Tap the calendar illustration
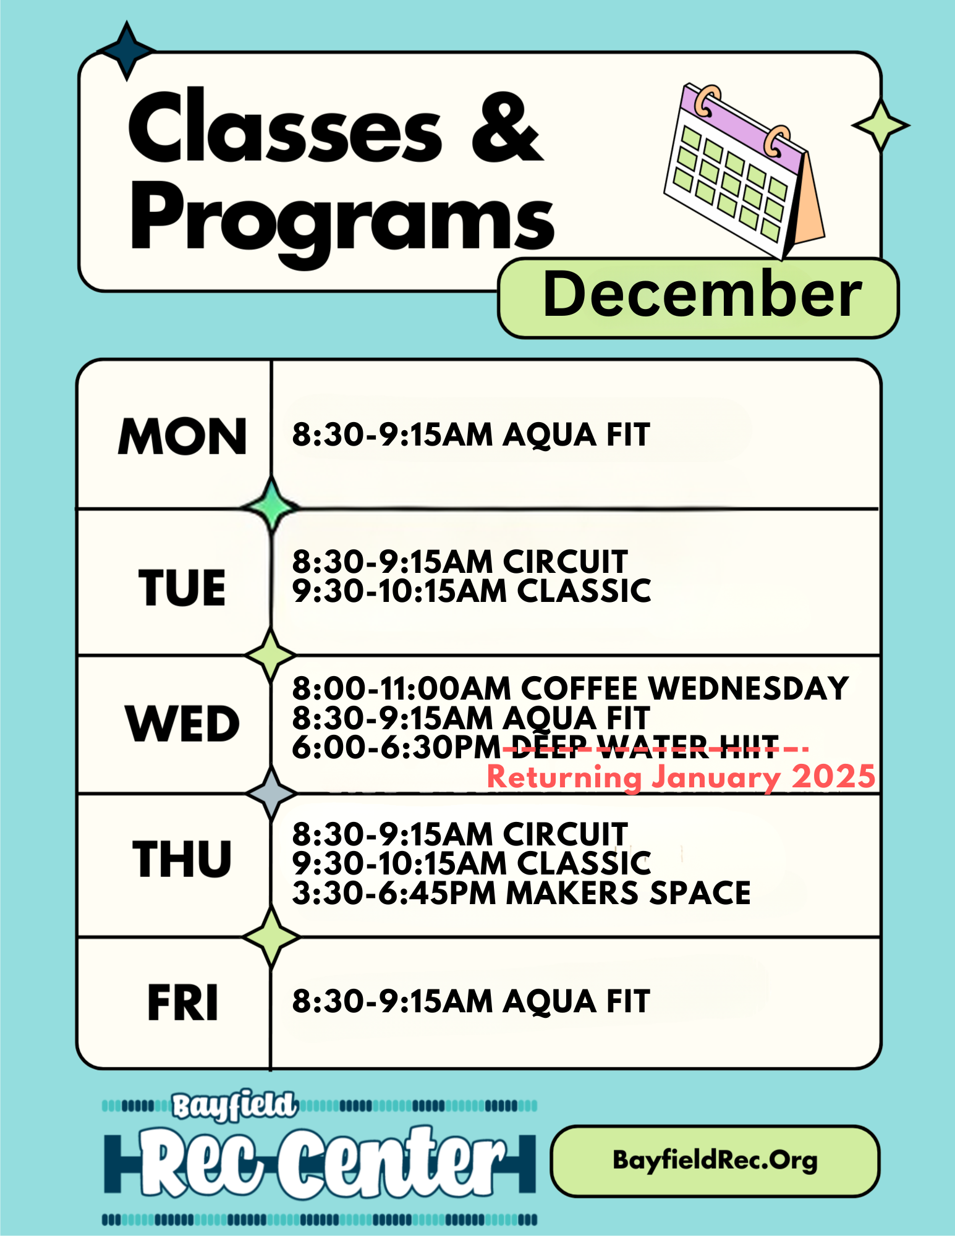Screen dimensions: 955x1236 [x=744, y=171]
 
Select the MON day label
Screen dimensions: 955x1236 [x=182, y=436]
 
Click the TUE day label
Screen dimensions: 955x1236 [x=182, y=587]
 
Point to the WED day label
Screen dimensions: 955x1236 [x=182, y=723]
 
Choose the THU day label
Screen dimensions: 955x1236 [x=182, y=859]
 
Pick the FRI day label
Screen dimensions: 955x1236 [x=183, y=1002]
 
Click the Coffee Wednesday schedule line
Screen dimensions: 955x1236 [x=571, y=688]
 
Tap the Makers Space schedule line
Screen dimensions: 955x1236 [x=522, y=893]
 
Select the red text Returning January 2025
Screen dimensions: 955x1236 [x=681, y=777]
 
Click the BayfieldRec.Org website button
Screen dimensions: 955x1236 [x=715, y=1161]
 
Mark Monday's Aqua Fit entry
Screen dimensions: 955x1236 [x=471, y=434]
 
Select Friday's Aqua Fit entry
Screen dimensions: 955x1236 [x=471, y=1001]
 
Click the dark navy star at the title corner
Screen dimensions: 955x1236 [x=127, y=51]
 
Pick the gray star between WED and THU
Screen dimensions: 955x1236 [x=271, y=793]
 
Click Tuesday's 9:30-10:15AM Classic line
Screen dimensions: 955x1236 [x=472, y=591]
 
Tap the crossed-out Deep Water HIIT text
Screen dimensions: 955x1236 [x=645, y=747]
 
